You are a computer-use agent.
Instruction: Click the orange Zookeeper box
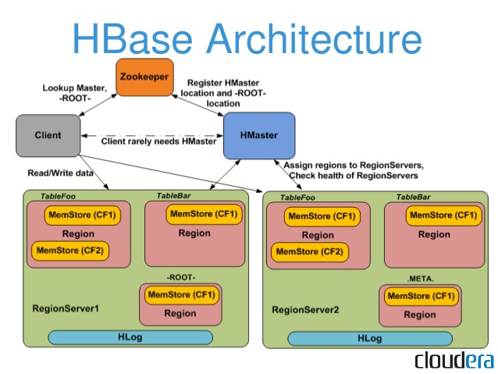pos(145,77)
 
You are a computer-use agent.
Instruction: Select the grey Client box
pos(48,136)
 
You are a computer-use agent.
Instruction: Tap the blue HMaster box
pos(259,136)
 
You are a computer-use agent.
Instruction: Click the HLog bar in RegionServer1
pos(130,337)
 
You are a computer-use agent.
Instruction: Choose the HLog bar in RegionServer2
pos(370,339)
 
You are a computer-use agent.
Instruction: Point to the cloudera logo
pos(454,361)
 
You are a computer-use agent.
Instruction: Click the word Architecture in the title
pos(314,39)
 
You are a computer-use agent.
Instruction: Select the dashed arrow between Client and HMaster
pos(152,136)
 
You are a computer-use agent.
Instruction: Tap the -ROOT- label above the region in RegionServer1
pos(181,277)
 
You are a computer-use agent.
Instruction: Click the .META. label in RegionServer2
pos(420,279)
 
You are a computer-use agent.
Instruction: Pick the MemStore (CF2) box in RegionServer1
pos(70,251)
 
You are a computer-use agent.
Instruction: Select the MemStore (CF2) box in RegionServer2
pos(310,252)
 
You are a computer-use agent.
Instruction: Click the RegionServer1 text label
pos(66,308)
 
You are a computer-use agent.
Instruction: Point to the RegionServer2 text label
pos(305,309)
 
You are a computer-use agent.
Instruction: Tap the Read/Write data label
pos(60,173)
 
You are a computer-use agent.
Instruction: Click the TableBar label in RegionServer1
pos(174,196)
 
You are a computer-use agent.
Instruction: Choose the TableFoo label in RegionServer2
pos(297,198)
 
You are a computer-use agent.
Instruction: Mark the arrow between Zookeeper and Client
pos(98,105)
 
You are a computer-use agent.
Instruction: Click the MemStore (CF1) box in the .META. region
pos(422,296)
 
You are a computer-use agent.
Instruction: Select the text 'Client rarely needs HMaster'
pos(158,141)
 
